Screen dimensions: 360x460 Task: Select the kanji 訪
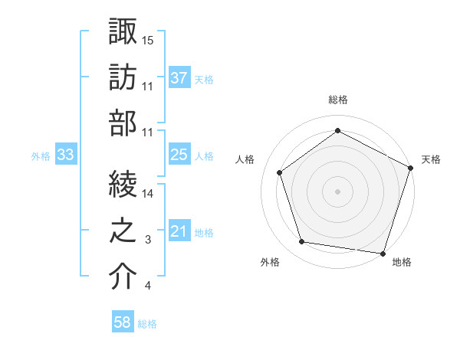(x=123, y=77)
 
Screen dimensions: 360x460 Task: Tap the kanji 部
(x=123, y=122)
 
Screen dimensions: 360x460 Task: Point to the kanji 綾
(x=123, y=185)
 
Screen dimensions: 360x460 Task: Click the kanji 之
(x=123, y=231)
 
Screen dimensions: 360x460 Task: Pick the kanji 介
(x=123, y=276)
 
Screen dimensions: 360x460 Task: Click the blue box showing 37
(x=179, y=77)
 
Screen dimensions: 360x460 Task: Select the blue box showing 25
(x=179, y=155)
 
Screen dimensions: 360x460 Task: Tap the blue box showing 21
(x=179, y=231)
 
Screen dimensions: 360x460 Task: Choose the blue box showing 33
(x=65, y=155)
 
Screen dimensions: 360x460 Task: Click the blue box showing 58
(x=122, y=322)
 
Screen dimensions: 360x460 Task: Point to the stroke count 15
(x=148, y=40)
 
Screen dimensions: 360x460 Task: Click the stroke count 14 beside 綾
(x=148, y=195)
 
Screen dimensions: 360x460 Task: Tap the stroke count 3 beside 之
(x=148, y=240)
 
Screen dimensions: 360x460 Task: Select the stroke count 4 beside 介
(x=148, y=286)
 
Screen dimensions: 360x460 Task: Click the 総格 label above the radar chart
(x=337, y=100)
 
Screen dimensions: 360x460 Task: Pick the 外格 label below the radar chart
(x=270, y=262)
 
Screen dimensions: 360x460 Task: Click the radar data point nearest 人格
(x=280, y=172)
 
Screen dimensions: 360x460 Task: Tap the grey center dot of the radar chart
(x=337, y=191)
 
